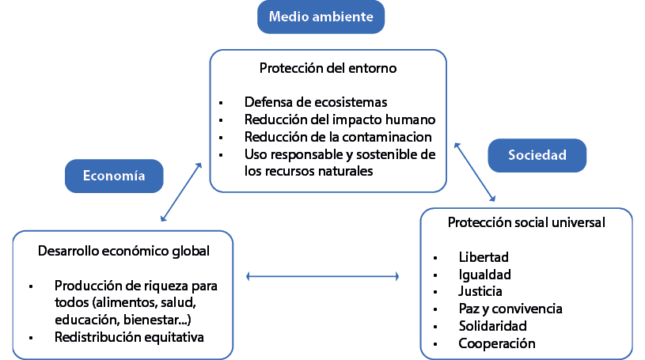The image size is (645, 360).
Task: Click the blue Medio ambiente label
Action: (x=321, y=17)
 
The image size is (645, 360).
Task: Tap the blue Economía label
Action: (x=114, y=176)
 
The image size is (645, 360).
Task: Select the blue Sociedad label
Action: (x=537, y=155)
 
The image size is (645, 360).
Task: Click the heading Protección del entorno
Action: (x=328, y=68)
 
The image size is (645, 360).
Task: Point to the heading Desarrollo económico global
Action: (x=123, y=251)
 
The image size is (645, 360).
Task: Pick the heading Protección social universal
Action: (x=526, y=222)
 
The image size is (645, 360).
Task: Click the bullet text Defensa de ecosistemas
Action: (x=316, y=102)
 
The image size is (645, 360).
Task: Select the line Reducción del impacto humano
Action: (x=340, y=119)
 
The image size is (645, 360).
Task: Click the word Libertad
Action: (x=484, y=257)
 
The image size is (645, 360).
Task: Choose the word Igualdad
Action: (x=484, y=275)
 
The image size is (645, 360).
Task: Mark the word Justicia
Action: (x=480, y=291)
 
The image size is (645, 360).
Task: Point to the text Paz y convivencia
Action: (x=510, y=309)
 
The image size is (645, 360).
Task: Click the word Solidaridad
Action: (x=492, y=326)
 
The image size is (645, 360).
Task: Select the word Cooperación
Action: (x=497, y=343)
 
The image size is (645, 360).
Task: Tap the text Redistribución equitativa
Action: (x=129, y=337)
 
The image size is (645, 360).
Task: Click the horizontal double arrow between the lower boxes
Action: (x=322, y=276)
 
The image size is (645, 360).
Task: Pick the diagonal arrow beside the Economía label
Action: (x=181, y=191)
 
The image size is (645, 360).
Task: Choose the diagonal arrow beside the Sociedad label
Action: (x=475, y=172)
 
